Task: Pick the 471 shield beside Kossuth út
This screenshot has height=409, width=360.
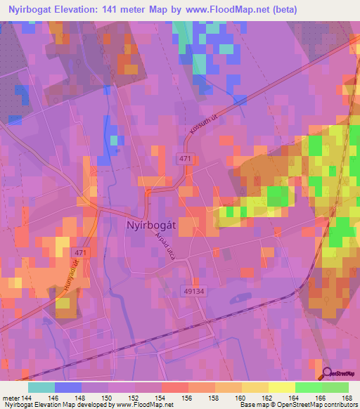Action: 185,160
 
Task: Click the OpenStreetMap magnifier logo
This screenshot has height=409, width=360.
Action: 326,373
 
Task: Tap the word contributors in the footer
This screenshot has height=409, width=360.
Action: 335,405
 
